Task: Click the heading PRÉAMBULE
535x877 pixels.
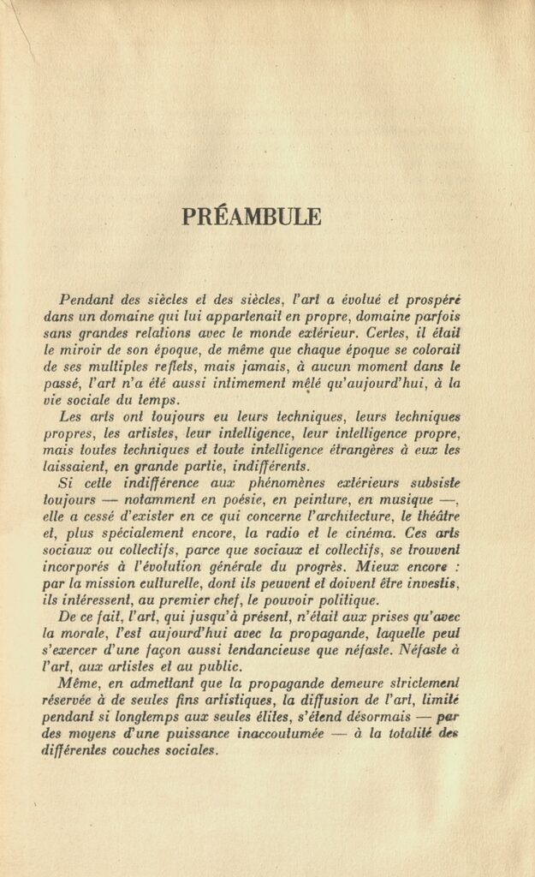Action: click(252, 217)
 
